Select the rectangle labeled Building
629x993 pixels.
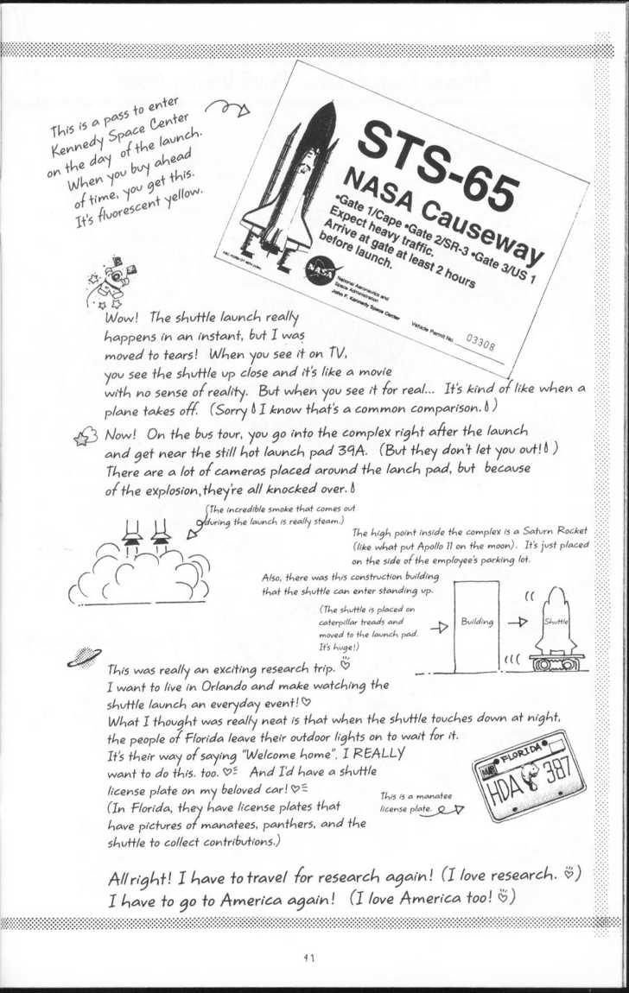coord(476,622)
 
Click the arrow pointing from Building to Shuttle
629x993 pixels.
coord(517,622)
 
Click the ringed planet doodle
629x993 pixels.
coord(84,658)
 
